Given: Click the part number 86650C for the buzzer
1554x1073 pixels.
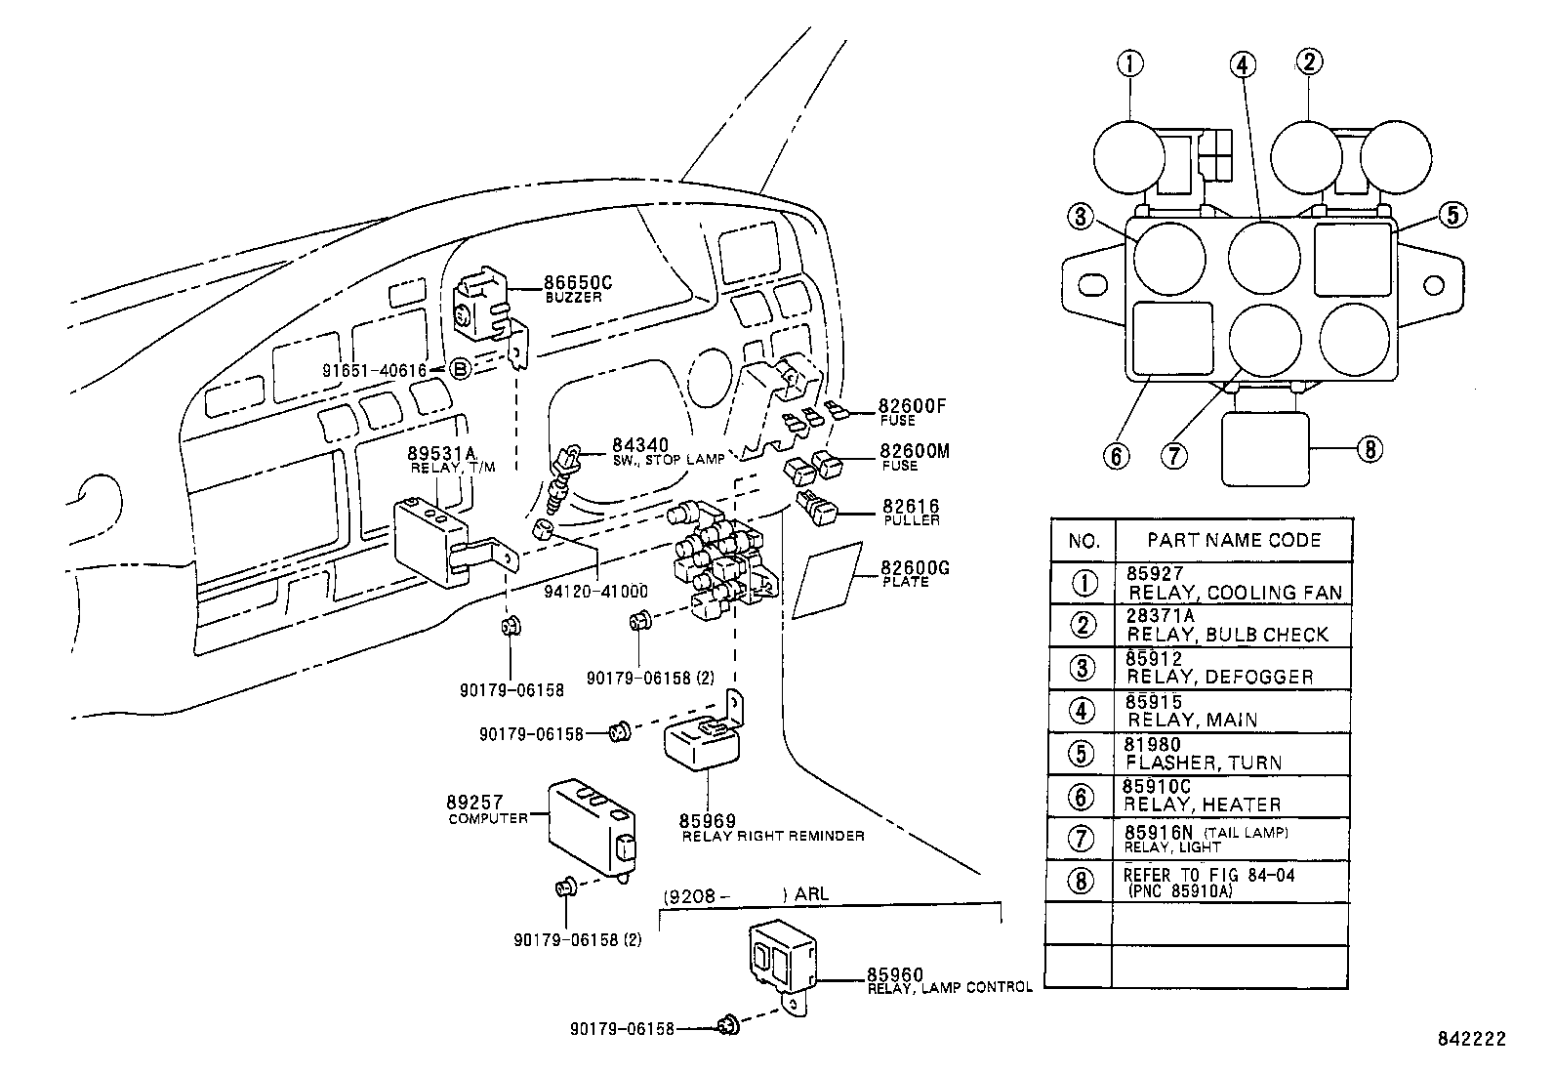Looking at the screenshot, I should [579, 283].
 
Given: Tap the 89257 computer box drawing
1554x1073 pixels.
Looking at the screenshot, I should [592, 821].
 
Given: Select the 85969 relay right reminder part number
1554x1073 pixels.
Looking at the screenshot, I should [708, 821].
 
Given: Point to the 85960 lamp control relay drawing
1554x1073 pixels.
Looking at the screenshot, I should [782, 956].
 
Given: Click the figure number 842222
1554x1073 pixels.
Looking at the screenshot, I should [1470, 1039].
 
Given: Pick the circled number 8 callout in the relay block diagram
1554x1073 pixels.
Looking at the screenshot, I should [1370, 449].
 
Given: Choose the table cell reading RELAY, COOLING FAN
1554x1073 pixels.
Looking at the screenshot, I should [1234, 592].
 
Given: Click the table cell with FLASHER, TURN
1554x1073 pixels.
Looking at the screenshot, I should [1203, 763].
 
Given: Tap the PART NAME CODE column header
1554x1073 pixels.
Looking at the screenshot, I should [1234, 540].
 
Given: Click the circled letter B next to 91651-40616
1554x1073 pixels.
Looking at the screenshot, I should [461, 369].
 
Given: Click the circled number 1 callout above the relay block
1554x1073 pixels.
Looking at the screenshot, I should [1129, 64].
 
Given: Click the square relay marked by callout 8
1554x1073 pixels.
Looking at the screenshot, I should [1265, 448].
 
